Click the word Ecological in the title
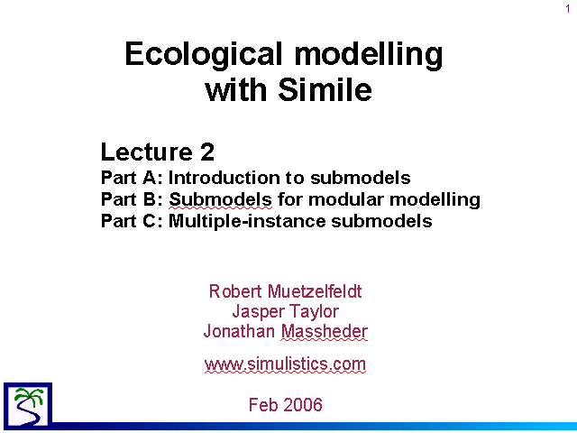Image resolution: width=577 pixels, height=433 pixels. [204, 54]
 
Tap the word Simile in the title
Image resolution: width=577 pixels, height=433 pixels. [325, 89]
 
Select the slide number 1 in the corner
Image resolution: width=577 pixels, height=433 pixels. [568, 9]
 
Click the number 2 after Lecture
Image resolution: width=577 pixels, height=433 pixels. [207, 152]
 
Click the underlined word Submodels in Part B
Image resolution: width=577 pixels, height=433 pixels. [220, 199]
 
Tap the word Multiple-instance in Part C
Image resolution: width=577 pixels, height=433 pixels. [248, 221]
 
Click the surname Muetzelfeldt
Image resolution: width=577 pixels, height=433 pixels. [315, 291]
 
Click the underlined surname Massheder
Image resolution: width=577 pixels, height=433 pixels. [325, 331]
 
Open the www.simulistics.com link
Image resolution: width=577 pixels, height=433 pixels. [285, 364]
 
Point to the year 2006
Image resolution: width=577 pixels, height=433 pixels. [303, 405]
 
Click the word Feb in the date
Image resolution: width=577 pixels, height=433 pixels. [263, 405]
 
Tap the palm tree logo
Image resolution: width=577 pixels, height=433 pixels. [28, 405]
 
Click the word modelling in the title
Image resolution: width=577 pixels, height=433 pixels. [369, 54]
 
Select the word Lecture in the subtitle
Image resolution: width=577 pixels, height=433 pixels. [147, 152]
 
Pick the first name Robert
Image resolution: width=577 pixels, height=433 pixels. [235, 291]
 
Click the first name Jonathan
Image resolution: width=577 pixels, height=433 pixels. [239, 331]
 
